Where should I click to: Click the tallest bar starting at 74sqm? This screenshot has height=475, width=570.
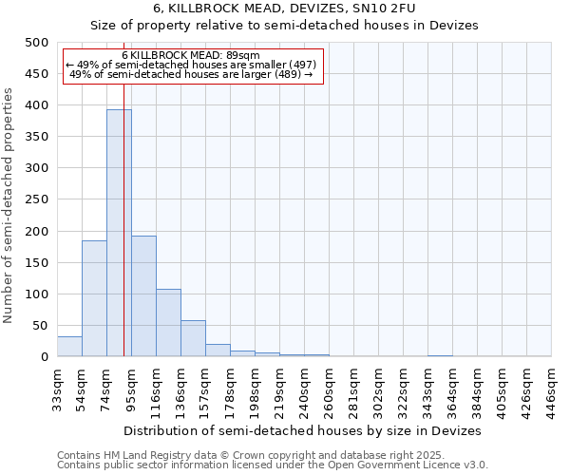119,233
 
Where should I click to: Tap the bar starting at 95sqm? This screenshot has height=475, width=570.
143,296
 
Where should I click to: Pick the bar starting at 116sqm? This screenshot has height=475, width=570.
168,323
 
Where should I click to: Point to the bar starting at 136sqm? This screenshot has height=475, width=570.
193,339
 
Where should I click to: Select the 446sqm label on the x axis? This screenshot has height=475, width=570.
551,389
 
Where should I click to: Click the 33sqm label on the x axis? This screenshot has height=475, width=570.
57,385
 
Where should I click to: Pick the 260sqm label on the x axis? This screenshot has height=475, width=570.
329,389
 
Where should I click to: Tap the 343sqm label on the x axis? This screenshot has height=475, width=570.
427,389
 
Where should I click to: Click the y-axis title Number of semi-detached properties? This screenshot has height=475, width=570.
9,205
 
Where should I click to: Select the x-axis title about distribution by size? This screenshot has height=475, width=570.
302,430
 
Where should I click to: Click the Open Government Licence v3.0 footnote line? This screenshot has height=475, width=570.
273,465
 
